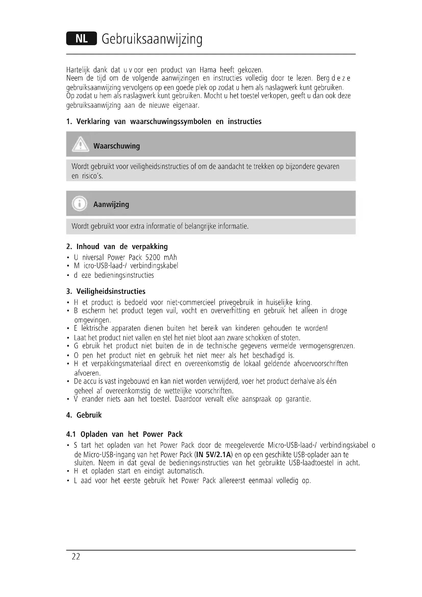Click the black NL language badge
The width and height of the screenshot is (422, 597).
[x=81, y=39]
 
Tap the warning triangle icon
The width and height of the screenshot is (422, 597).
[x=81, y=144]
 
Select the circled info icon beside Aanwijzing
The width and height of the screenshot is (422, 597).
[x=80, y=203]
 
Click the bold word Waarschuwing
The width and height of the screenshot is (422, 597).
[x=116, y=146]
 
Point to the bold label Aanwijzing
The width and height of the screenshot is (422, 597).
[x=111, y=204]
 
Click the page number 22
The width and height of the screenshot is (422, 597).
[x=76, y=557]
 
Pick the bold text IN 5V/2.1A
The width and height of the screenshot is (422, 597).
[x=213, y=455]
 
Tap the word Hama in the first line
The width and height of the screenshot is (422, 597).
[x=208, y=70]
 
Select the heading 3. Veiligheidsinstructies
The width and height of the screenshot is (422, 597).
[x=106, y=291]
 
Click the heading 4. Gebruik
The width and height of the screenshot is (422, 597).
[x=84, y=415]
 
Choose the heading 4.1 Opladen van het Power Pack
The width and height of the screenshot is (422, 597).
[x=124, y=434]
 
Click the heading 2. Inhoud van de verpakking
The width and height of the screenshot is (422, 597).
[x=117, y=247]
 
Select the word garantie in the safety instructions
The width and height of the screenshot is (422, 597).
[x=298, y=399]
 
